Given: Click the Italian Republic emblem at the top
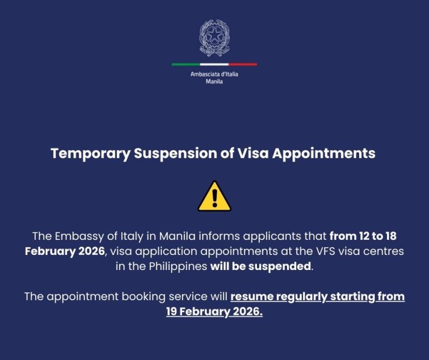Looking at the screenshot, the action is (214, 38).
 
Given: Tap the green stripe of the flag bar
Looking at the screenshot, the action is (185, 64).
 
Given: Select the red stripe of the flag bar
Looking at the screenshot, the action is (243, 64).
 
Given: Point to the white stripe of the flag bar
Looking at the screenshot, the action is (214, 64).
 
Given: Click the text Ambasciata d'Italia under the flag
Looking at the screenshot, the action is (214, 74).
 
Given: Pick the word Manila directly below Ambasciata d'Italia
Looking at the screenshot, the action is (214, 82).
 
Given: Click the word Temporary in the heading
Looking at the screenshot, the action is (90, 154).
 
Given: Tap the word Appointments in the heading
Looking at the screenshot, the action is (323, 154).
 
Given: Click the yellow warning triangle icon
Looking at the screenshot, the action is (214, 196).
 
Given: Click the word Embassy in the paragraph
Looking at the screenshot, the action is (79, 236).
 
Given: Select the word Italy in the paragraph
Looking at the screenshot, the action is (132, 236).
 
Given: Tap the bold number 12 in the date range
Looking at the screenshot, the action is (364, 236).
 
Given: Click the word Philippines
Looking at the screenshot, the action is (178, 267).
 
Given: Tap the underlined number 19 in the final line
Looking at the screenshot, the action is (171, 311).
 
